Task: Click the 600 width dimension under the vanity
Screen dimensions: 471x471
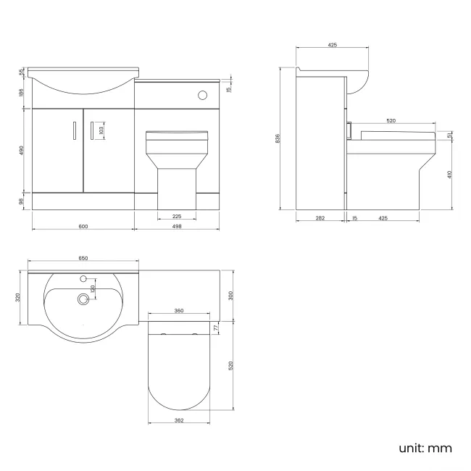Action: (83, 226)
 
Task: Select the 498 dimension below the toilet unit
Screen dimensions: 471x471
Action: (178, 226)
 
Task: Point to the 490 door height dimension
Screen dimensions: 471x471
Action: (22, 149)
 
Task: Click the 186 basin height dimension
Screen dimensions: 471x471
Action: (22, 92)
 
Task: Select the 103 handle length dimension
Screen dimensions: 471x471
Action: (102, 130)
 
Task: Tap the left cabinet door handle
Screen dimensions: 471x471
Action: (74, 130)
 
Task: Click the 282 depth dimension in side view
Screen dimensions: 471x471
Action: (320, 217)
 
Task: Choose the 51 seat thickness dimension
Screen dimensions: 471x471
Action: (451, 136)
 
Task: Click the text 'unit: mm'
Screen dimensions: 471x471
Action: (425, 448)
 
